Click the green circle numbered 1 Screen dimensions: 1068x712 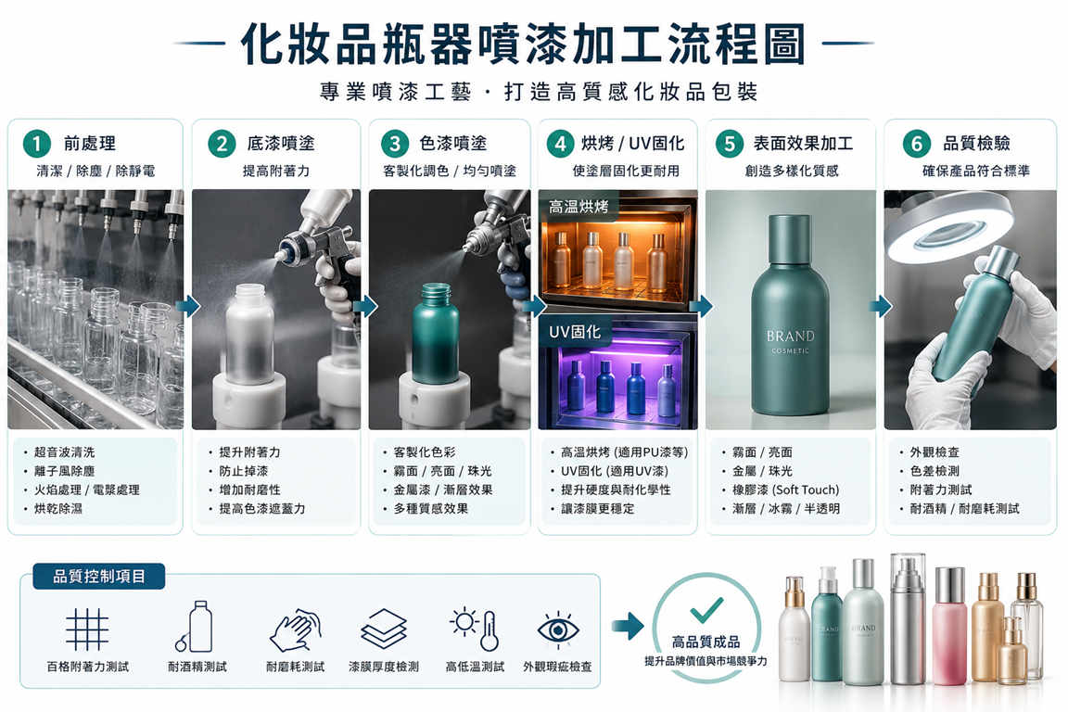click(37, 144)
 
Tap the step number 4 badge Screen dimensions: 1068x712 click(560, 144)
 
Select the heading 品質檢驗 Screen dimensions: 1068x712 click(976, 143)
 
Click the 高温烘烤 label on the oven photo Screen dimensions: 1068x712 click(578, 207)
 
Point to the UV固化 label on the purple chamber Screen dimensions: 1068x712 click(575, 332)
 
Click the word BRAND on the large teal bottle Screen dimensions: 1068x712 click(790, 336)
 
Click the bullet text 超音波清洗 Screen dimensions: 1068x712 click(65, 451)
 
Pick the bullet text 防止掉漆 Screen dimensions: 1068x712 click(244, 471)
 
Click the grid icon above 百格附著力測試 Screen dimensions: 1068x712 click(87, 629)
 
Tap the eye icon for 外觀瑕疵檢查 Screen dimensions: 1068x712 click(558, 629)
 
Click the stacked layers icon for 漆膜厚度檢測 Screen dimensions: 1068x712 click(384, 629)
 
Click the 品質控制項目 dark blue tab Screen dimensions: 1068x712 click(99, 577)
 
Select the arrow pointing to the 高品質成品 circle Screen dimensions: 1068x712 click(628, 627)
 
